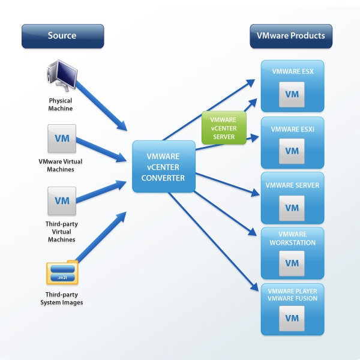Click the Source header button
[62, 36]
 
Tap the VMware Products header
[291, 36]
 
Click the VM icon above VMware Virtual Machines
[62, 139]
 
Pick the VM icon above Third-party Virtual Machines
[62, 201]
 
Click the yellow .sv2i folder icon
[62, 272]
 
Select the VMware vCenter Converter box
[164, 166]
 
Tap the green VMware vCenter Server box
[224, 128]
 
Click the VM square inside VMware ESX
[292, 94]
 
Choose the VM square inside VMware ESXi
[292, 151]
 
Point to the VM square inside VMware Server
[292, 208]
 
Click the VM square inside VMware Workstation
[292, 263]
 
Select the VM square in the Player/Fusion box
[292, 318]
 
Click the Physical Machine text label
[61, 104]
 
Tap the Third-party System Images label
[62, 298]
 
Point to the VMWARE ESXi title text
[293, 129]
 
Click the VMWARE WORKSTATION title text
[293, 238]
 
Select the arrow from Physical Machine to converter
[101, 106]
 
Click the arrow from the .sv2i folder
[101, 237]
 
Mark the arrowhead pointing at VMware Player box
[254, 287]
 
